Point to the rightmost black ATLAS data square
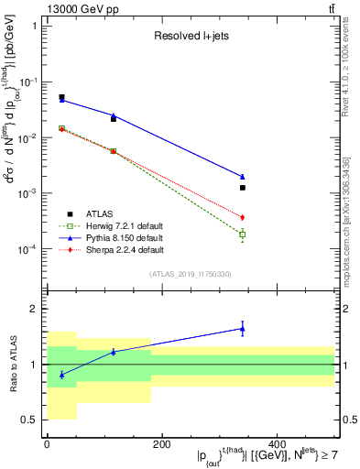[x=243, y=188]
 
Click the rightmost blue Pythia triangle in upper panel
[x=243, y=177]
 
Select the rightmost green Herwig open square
[x=243, y=234]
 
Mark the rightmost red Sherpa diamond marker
[x=243, y=217]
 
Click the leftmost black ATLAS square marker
[x=61, y=97]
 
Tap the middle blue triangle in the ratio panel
[x=114, y=351]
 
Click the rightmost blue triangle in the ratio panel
[x=243, y=328]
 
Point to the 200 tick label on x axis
[x=161, y=444]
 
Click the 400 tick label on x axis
[x=275, y=444]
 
